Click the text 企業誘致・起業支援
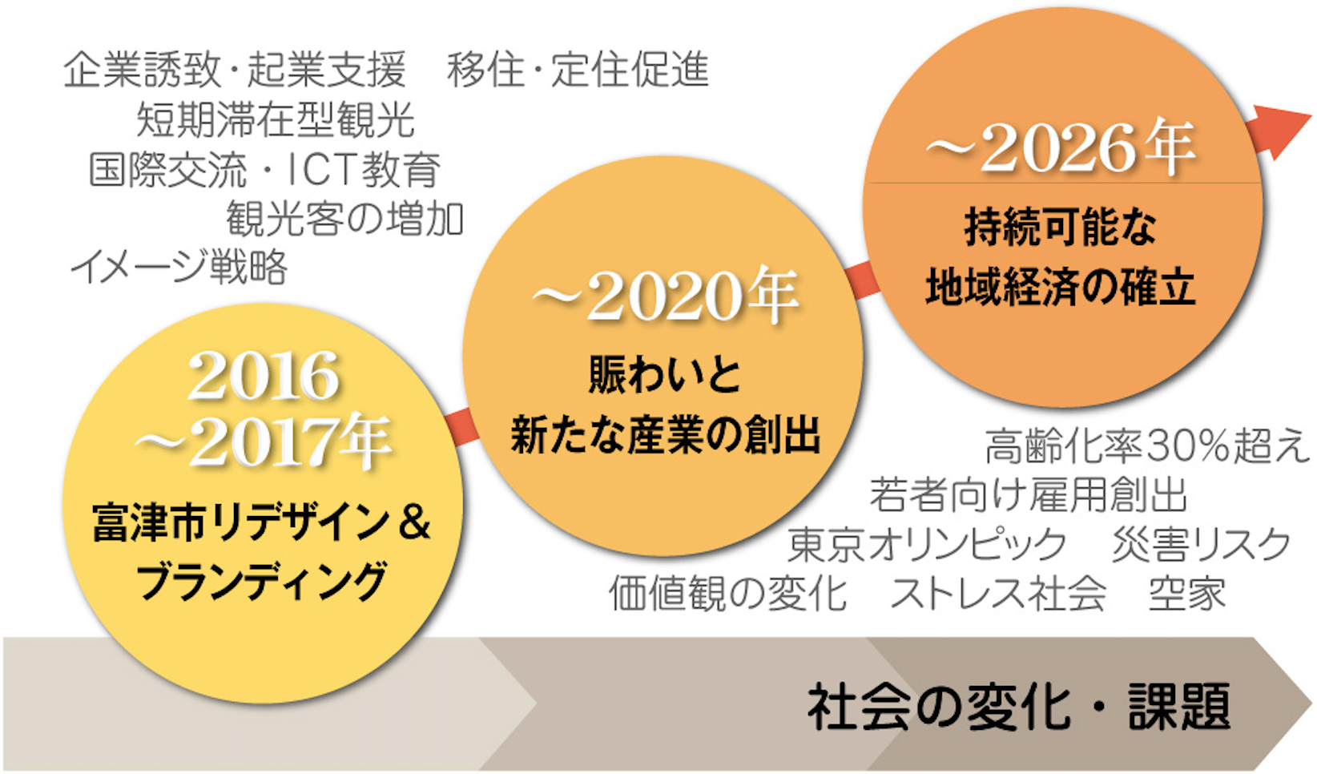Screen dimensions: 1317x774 [x=235, y=70]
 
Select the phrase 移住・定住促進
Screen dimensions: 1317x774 [x=578, y=70]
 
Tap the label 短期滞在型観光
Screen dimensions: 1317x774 [x=276, y=119]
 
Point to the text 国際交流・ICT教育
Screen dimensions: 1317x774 [x=264, y=169]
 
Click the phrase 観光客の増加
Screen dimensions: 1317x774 [x=345, y=219]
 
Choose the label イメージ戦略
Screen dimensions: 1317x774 [x=179, y=268]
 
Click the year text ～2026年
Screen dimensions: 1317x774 [x=1061, y=148]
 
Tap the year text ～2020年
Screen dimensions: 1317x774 [x=665, y=296]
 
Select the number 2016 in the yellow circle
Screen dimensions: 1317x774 [x=264, y=377]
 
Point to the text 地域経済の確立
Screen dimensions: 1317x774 [x=1061, y=288]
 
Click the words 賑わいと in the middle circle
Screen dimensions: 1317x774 [x=665, y=375]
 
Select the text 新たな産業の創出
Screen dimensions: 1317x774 [x=666, y=436]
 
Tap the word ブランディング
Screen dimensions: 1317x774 [x=263, y=582]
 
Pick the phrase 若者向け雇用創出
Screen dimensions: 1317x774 [x=1029, y=495]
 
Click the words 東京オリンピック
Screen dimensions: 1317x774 [x=927, y=544]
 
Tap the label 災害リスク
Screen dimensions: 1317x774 [x=1201, y=544]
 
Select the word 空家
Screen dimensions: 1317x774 [x=1188, y=593]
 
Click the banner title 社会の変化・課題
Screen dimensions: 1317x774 [x=1019, y=707]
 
